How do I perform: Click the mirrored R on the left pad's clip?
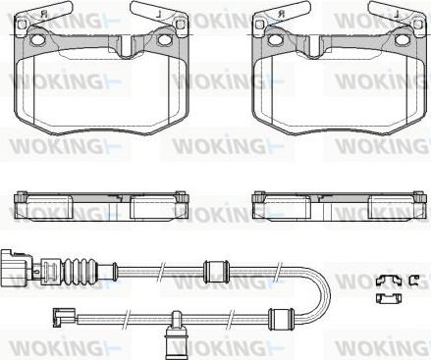click(x=44, y=15)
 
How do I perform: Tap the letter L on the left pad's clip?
click(x=159, y=15)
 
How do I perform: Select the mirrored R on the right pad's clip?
click(x=282, y=15)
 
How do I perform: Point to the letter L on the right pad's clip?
click(x=397, y=15)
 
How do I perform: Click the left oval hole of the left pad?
click(x=38, y=39)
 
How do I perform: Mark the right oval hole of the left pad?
click(x=164, y=39)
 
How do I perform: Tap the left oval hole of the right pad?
click(x=276, y=39)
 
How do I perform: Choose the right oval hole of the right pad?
click(x=402, y=39)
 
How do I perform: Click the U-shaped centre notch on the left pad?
click(x=126, y=47)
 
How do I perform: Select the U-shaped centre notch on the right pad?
click(x=314, y=47)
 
